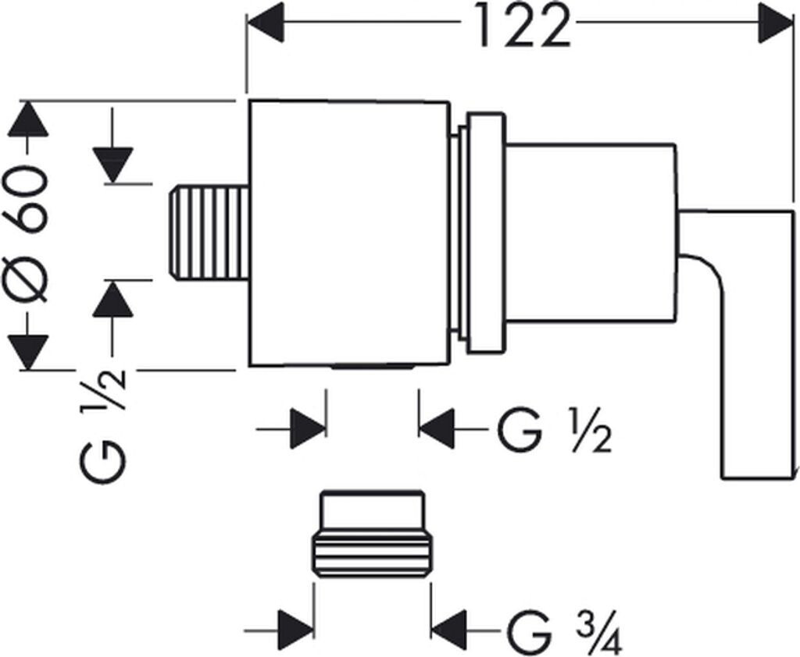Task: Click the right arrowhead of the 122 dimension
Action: (x=777, y=23)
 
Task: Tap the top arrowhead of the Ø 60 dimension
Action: (x=28, y=118)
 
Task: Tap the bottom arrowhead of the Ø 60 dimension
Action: (x=28, y=351)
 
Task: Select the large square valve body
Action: (x=349, y=233)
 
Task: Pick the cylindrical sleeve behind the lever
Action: (x=590, y=233)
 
